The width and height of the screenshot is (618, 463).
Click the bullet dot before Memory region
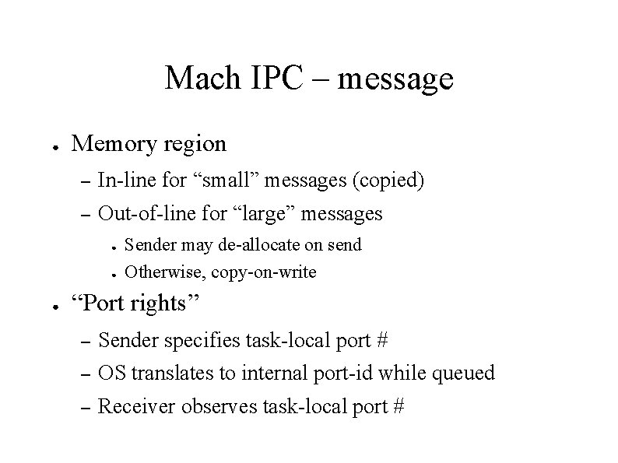pos(48,146)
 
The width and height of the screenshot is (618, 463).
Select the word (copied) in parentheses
pos(388,181)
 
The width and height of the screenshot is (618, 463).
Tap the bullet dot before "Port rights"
pos(48,304)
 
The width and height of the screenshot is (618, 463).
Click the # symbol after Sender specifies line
pos(381,340)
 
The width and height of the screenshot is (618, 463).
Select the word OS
pos(113,373)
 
